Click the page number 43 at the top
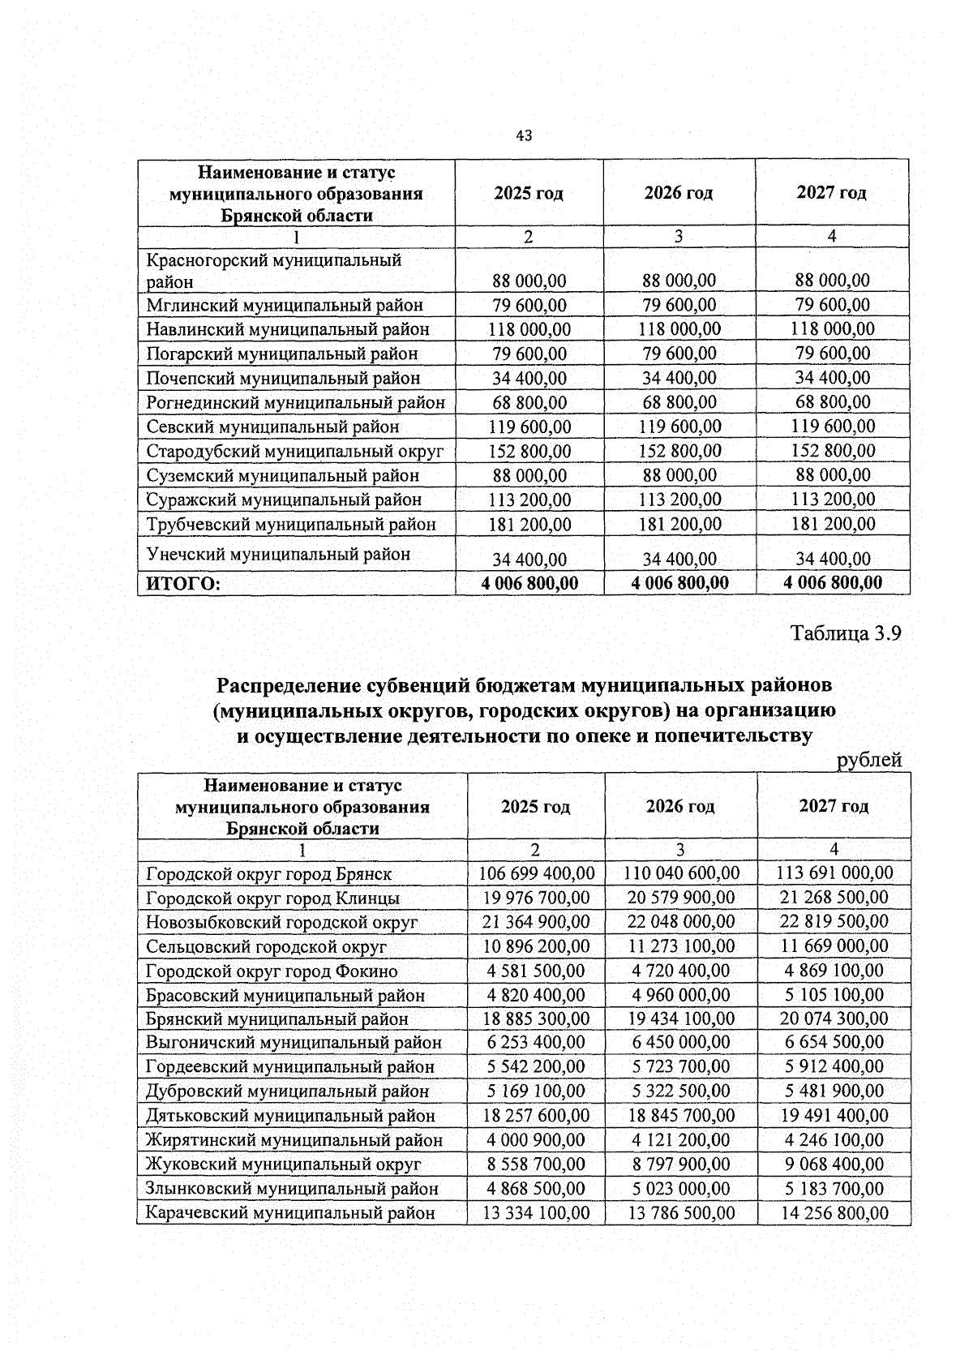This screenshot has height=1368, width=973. pyautogui.click(x=524, y=136)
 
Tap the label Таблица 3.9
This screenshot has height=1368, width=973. pyautogui.click(x=846, y=633)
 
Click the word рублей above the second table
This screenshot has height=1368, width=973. pyautogui.click(x=869, y=760)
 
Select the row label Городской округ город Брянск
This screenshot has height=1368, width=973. pyautogui.click(x=268, y=874)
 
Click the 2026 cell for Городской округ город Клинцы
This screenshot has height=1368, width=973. pyautogui.click(x=681, y=898)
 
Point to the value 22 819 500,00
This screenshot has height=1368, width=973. pyautogui.click(x=834, y=922)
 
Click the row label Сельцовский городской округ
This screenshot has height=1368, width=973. pyautogui.click(x=266, y=946)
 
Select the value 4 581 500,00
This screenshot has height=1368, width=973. pyautogui.click(x=536, y=971)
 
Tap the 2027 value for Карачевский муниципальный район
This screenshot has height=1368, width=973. pyautogui.click(x=834, y=1213)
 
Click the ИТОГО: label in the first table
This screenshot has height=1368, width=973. pyautogui.click(x=183, y=584)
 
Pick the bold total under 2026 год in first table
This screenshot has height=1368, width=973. pyautogui.click(x=679, y=583)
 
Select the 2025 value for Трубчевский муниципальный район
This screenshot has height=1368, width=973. pyautogui.click(x=529, y=525)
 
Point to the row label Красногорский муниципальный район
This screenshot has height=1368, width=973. pyautogui.click(x=273, y=271)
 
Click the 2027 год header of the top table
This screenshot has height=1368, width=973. pyautogui.click(x=831, y=193)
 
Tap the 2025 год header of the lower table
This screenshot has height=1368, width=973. pyautogui.click(x=535, y=807)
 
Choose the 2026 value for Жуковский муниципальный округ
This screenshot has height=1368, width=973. pyautogui.click(x=681, y=1164)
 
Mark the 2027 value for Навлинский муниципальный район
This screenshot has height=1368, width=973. pyautogui.click(x=833, y=329)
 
